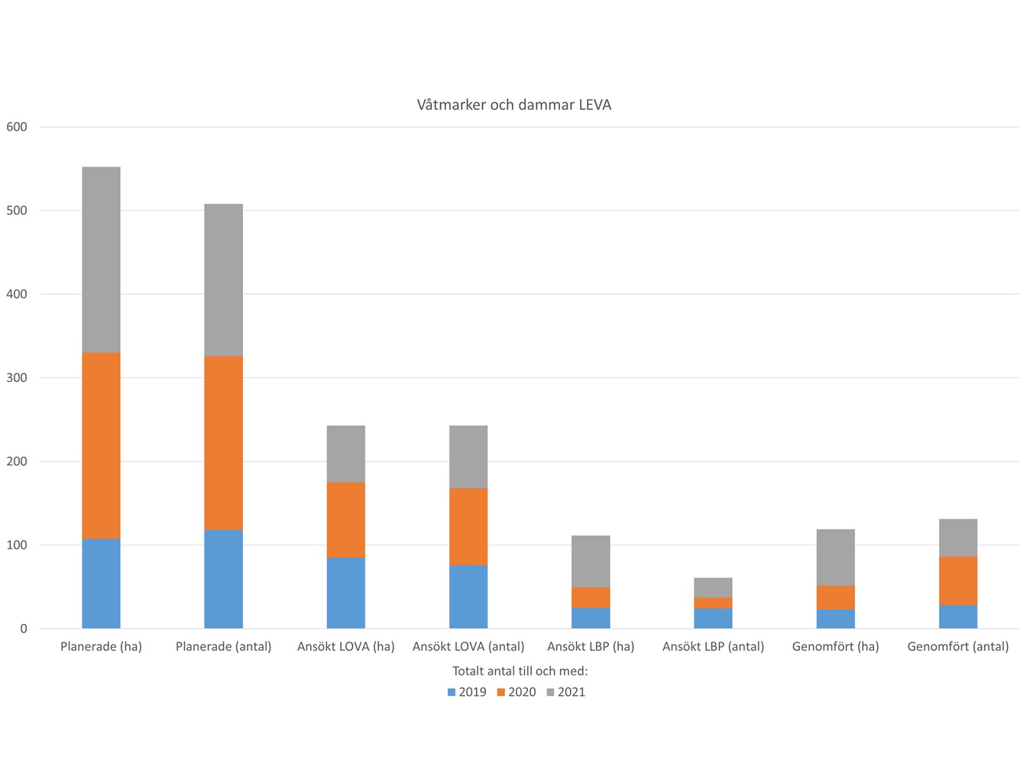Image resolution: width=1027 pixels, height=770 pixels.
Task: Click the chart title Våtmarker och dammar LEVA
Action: [x=513, y=105]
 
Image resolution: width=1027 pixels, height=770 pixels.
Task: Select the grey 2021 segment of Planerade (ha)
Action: [x=101, y=260]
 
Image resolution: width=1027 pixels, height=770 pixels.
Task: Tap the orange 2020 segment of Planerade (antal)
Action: [x=223, y=443]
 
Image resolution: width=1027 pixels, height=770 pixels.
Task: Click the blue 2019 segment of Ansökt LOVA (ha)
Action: [x=345, y=593]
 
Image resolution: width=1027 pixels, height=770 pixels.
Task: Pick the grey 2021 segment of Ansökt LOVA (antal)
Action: [x=468, y=457]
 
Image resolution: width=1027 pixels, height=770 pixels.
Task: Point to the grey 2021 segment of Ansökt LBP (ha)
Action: [x=591, y=561]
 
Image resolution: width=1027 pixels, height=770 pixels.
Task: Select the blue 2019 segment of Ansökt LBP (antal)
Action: [x=713, y=619]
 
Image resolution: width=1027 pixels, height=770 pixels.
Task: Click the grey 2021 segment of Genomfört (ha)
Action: [x=835, y=558]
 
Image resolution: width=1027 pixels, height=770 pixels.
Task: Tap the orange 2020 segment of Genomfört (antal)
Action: [x=957, y=581]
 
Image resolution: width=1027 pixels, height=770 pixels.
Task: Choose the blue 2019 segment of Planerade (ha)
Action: [x=101, y=584]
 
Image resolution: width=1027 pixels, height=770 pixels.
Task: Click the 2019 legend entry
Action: [x=467, y=692]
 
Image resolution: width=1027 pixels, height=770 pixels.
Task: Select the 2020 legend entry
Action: [x=517, y=692]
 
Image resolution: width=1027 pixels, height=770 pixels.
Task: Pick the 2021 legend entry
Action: [x=566, y=692]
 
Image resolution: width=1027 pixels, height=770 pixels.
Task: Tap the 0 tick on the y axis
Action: [x=24, y=629]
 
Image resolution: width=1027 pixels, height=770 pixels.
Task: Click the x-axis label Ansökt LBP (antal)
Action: [x=713, y=646]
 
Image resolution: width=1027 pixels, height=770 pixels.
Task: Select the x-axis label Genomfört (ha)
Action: [x=835, y=646]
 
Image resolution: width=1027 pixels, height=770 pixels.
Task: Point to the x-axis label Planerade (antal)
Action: [x=223, y=646]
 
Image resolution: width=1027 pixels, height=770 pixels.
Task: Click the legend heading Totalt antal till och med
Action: [x=520, y=671]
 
